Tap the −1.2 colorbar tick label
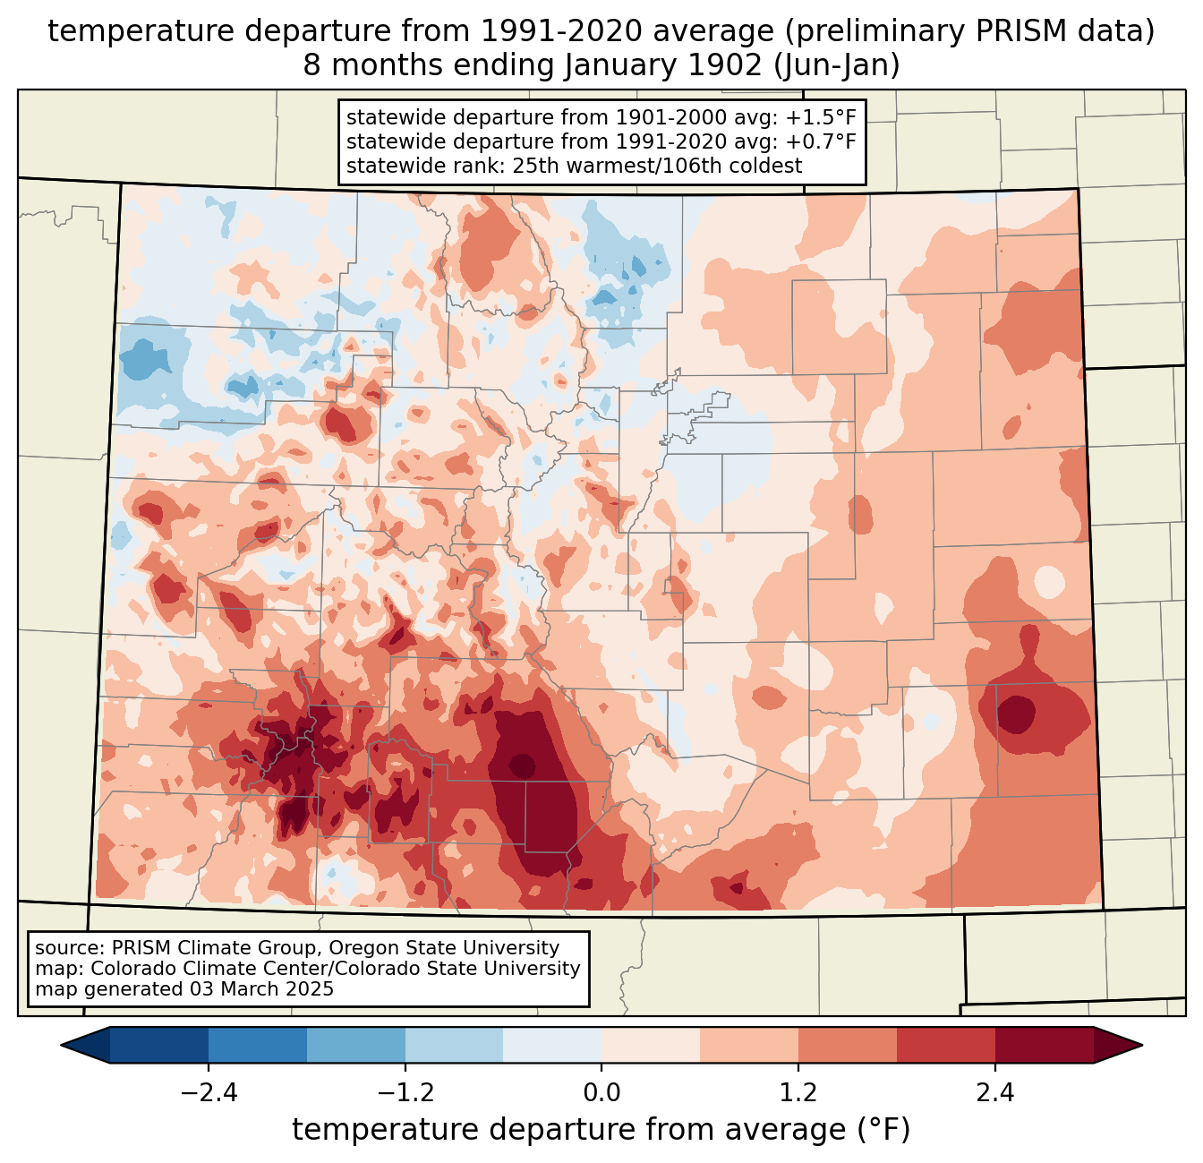click(x=405, y=1093)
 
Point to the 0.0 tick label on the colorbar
click(x=601, y=1093)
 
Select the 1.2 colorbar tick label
click(x=798, y=1093)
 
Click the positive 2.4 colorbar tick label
click(x=995, y=1093)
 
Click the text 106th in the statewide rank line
click(x=701, y=166)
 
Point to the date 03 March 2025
click(x=261, y=989)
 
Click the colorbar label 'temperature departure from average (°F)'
click(x=601, y=1130)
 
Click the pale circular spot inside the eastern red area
click(x=1049, y=583)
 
